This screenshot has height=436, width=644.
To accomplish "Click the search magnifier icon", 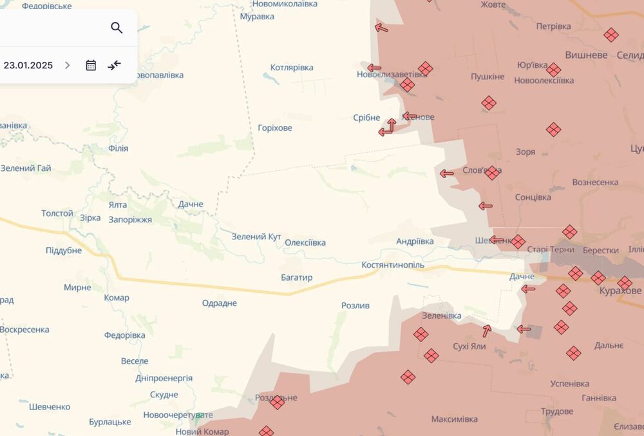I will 117,28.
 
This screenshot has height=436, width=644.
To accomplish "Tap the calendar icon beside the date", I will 91,65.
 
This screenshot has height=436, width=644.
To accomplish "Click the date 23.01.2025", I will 28,65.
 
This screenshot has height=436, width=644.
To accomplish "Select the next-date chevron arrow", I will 67,65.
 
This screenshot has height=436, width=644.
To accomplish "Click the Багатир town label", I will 296,277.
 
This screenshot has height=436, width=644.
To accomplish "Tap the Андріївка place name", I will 415,241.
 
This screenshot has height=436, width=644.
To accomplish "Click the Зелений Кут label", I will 256,237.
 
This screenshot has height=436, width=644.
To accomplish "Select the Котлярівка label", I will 292,68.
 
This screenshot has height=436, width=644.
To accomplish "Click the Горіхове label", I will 275,128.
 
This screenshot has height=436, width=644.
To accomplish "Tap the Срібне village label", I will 366,117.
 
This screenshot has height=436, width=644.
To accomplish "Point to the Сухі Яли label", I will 469,346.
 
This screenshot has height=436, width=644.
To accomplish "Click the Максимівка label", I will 455,419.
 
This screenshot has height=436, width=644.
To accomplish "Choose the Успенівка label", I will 570,383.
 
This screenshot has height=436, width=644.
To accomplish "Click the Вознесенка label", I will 595,182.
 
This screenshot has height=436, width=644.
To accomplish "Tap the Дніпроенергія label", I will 164,378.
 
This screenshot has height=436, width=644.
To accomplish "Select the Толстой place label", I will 57,213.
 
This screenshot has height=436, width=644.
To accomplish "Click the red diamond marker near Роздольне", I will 277,402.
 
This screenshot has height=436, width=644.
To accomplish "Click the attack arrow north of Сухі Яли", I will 487,331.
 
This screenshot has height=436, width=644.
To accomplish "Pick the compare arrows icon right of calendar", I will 115,65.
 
